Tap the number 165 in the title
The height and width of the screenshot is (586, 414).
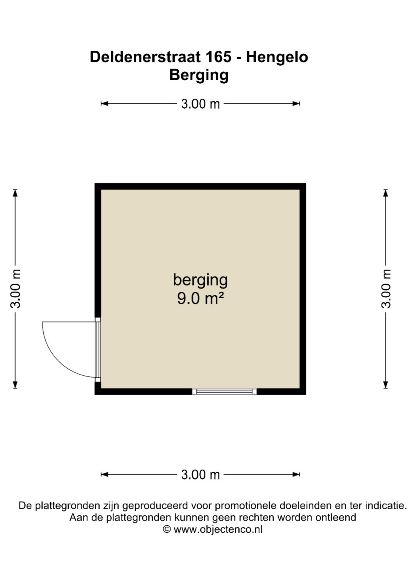point(219,57)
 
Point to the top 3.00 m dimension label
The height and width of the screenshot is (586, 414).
point(200,104)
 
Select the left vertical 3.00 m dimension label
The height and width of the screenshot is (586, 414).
point(15,289)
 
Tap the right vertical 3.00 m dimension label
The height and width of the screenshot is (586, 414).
point(386,289)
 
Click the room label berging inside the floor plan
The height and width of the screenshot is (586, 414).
point(200,281)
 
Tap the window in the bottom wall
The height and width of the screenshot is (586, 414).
point(224,391)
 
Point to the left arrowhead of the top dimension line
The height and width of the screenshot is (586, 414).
point(104,104)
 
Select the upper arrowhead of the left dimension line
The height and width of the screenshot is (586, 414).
point(15,193)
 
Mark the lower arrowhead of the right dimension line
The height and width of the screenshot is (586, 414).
point(386,385)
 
